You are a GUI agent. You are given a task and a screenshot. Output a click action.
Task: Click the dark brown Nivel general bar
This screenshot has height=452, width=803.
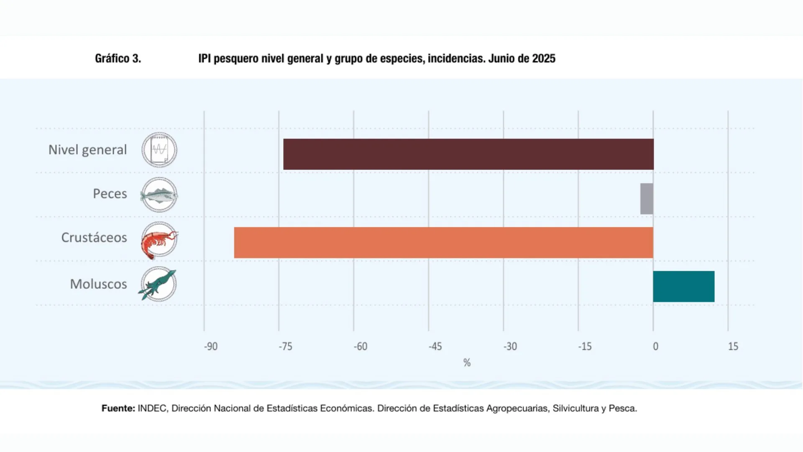click(x=468, y=154)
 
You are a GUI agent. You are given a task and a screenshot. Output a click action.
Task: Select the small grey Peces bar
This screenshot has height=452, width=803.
click(x=647, y=199)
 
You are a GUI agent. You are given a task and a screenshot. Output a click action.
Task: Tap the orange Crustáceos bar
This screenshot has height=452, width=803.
click(x=443, y=243)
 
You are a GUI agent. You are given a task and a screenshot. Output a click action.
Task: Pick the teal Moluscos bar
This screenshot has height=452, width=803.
click(x=684, y=287)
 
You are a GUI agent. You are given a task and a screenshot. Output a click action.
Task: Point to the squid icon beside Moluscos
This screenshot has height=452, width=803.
click(x=159, y=284)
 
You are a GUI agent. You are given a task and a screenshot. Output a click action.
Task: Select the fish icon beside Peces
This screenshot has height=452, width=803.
click(x=159, y=195)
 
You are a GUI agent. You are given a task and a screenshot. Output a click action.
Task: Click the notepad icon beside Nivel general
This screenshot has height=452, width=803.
click(x=159, y=150)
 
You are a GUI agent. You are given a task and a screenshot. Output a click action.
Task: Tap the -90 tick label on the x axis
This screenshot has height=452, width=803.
click(x=211, y=347)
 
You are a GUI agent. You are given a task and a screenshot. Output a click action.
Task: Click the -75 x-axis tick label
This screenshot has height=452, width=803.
click(x=286, y=347)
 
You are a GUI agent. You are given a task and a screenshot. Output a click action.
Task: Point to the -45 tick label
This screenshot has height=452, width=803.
click(x=435, y=347)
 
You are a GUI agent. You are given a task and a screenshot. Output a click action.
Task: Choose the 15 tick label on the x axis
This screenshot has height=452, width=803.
click(x=733, y=347)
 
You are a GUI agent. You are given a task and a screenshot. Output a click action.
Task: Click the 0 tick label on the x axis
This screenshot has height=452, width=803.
click(x=655, y=347)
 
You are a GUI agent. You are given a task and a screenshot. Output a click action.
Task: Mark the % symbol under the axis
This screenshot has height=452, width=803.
click(x=467, y=362)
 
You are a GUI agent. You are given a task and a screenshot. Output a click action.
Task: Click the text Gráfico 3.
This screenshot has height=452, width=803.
click(x=118, y=59)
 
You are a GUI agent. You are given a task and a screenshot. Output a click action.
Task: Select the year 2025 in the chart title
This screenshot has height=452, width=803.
click(x=544, y=59)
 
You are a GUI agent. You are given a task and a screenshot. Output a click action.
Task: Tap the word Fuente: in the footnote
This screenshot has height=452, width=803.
click(x=118, y=408)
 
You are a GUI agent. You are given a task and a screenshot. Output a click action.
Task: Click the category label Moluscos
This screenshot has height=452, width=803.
click(x=98, y=284)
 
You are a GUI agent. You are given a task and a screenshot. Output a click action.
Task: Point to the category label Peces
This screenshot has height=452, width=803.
click(x=110, y=194)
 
